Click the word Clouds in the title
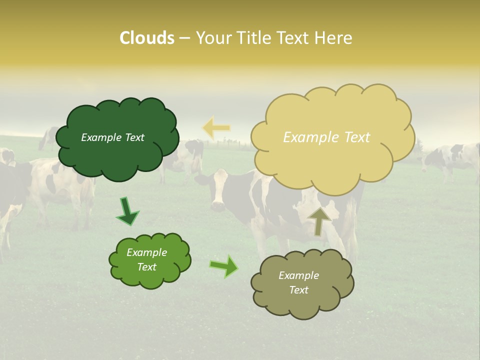147,38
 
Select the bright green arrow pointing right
224,266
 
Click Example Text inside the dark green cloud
112,137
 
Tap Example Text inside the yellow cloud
326,137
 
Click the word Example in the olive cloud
298,275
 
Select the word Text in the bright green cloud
147,267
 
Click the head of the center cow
219,189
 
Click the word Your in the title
212,38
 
